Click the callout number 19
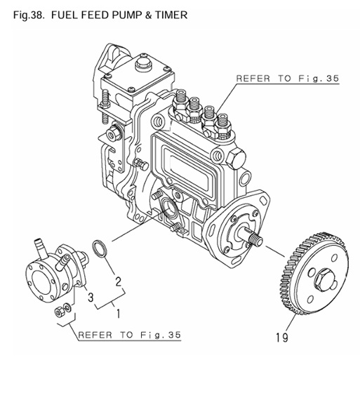click(282, 337)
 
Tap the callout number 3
click(90, 295)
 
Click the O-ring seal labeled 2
click(101, 249)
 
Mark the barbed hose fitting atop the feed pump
click(41, 245)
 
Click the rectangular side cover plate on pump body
click(184, 164)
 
